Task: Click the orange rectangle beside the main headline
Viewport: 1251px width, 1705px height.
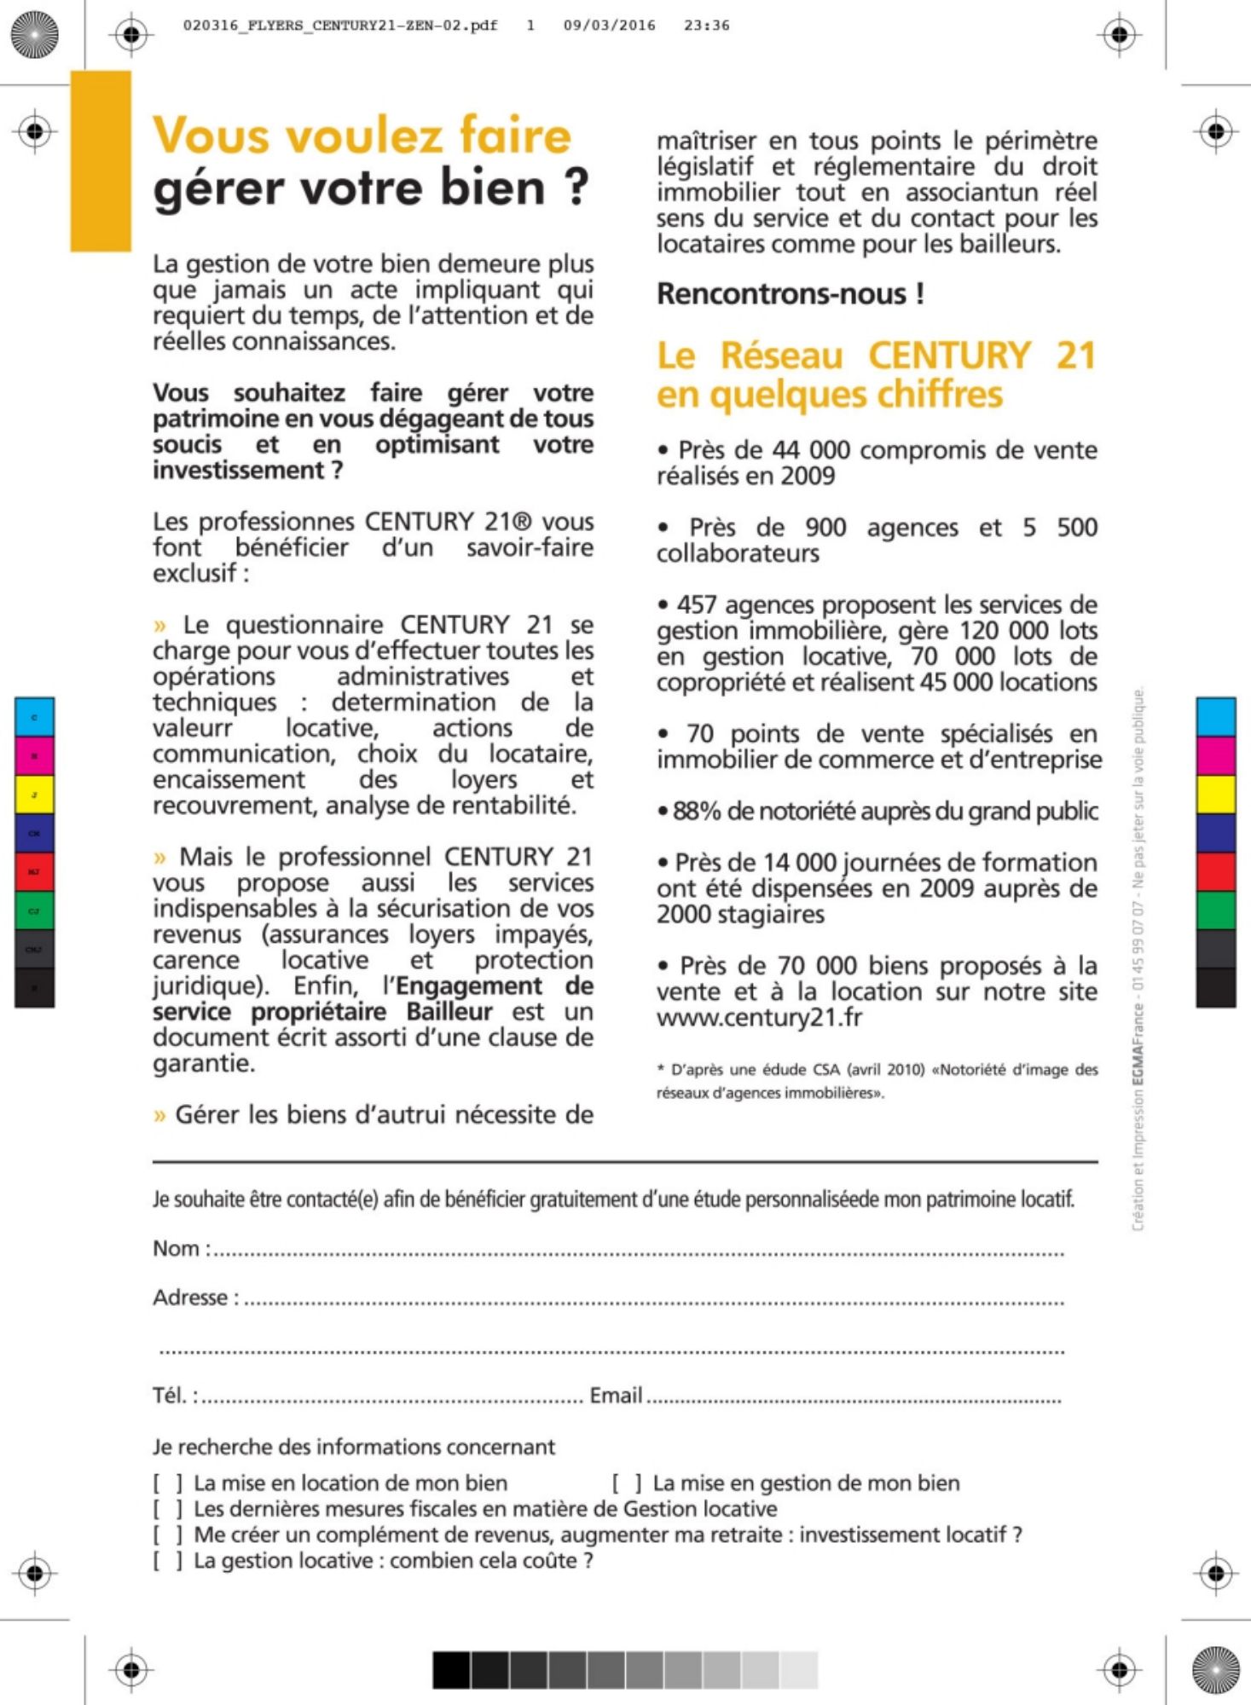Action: tap(101, 161)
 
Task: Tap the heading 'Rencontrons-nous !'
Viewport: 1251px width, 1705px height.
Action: tap(790, 294)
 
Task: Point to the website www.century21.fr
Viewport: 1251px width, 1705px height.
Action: tap(759, 1018)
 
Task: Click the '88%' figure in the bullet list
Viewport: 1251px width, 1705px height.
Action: tap(697, 812)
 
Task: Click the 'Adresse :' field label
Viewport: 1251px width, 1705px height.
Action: tap(195, 1298)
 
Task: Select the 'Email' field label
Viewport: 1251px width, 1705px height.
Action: tap(616, 1396)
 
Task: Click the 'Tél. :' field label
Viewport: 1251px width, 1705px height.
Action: tap(175, 1396)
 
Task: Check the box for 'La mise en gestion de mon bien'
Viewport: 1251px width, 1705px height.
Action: tap(627, 1484)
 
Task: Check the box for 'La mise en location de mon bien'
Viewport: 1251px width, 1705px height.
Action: tap(168, 1484)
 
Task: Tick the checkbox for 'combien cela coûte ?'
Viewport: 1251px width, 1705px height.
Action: tap(168, 1562)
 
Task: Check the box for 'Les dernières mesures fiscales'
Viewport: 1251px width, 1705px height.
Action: tap(168, 1510)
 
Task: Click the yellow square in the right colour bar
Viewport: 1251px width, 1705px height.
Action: tap(1215, 795)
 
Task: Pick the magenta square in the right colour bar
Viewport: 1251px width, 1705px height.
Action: tap(1215, 756)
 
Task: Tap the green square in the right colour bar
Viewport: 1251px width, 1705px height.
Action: tap(1215, 910)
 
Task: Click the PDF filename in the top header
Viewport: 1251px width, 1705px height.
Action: tap(340, 26)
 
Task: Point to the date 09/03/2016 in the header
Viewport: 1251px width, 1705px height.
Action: tap(609, 26)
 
